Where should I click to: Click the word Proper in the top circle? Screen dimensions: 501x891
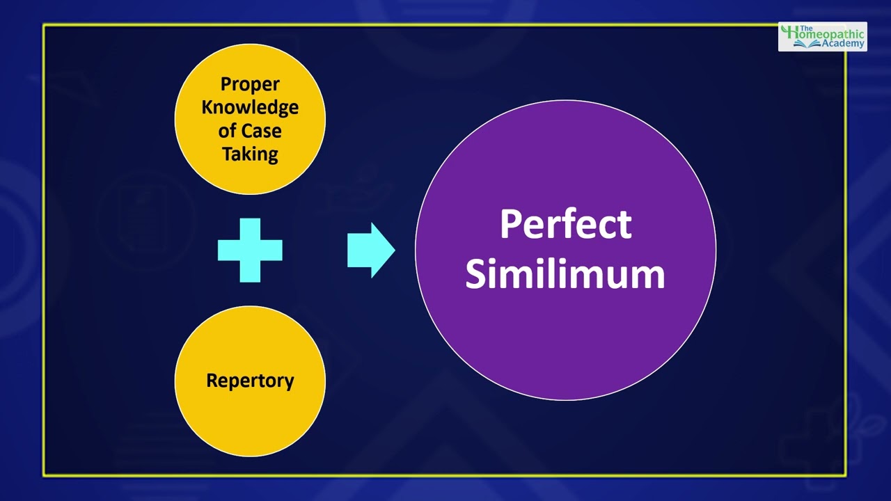pyautogui.click(x=250, y=84)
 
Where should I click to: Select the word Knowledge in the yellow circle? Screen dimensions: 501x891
pyautogui.click(x=250, y=107)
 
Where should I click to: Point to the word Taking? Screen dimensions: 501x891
pyautogui.click(x=250, y=154)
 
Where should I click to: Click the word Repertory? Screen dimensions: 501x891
pyautogui.click(x=250, y=381)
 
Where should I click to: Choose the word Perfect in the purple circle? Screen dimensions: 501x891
pyautogui.click(x=565, y=225)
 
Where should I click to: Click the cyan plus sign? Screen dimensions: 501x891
pyautogui.click(x=250, y=250)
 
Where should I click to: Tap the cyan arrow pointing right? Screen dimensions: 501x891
pyautogui.click(x=371, y=250)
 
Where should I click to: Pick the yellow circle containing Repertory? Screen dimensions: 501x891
pyautogui.click(x=250, y=417)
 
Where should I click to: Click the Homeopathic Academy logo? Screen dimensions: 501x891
pyautogui.click(x=822, y=36)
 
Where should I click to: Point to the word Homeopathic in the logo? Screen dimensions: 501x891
pyautogui.click(x=828, y=33)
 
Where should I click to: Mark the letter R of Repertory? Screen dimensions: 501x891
pyautogui.click(x=212, y=381)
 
